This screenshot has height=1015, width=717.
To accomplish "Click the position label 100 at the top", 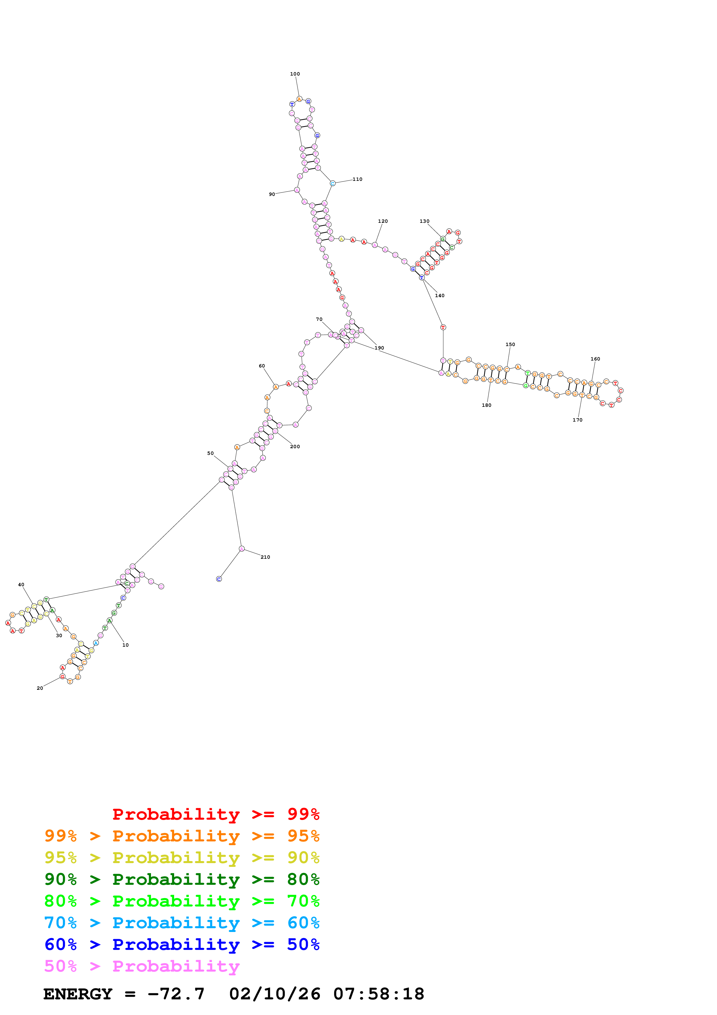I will point(295,74).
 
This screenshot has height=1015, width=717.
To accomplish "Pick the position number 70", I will point(319,319).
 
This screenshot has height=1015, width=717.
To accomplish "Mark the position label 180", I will point(486,405).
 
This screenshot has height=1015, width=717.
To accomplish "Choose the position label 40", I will point(21,584).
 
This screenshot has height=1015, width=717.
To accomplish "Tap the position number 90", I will point(272,194).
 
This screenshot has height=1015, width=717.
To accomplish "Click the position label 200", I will point(295,446).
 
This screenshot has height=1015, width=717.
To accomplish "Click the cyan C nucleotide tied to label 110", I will point(333,183).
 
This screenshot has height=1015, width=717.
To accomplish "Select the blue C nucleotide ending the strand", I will point(219,579).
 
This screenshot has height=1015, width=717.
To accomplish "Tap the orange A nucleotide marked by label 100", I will point(299,99).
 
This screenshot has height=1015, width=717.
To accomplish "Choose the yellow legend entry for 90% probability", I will point(182,858).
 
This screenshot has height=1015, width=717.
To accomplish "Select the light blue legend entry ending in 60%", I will point(182,923).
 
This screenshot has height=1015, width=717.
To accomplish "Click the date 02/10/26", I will point(274,994).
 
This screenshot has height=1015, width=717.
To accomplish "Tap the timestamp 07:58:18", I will point(379,994).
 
